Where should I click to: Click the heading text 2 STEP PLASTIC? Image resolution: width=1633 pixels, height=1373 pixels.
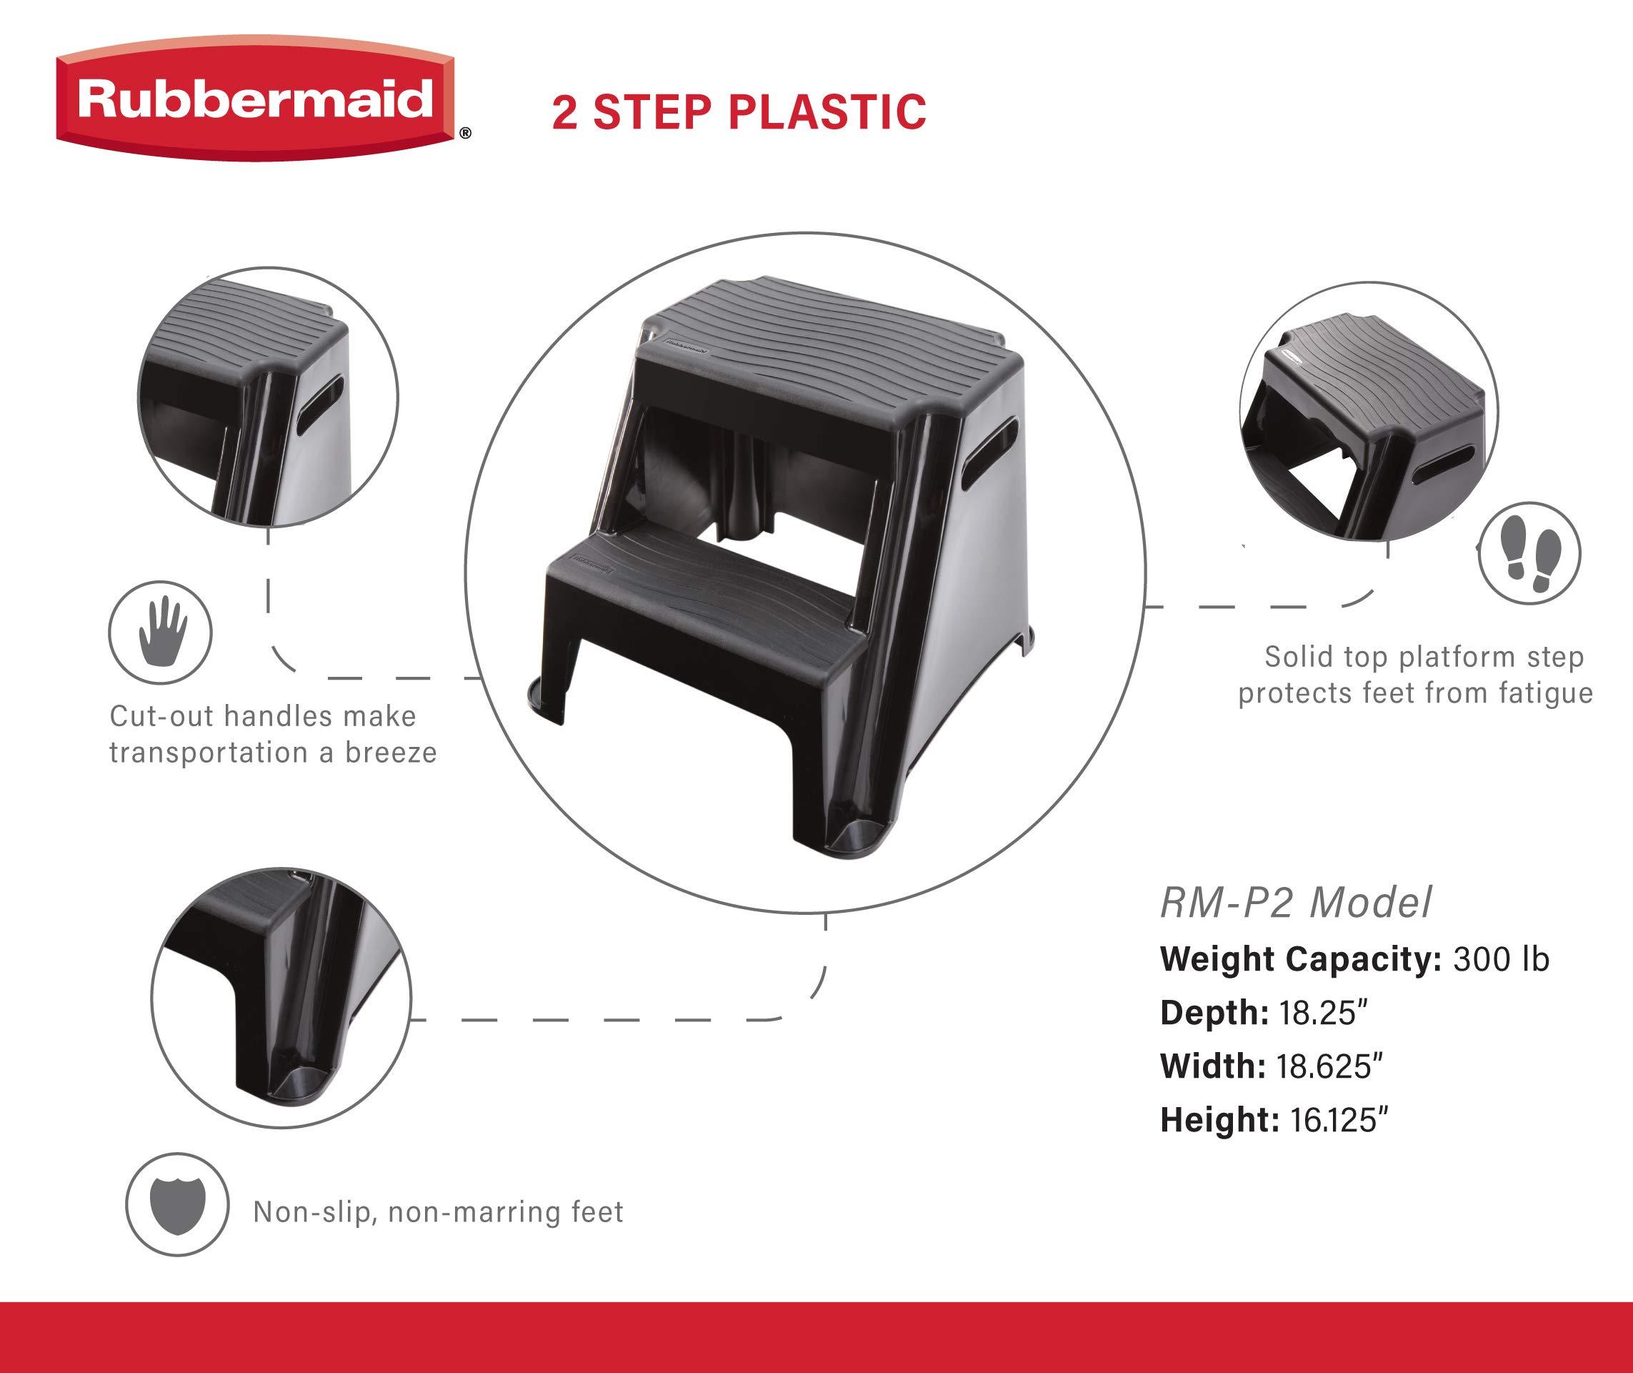tap(739, 112)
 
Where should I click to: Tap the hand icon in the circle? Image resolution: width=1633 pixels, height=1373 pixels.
tap(161, 630)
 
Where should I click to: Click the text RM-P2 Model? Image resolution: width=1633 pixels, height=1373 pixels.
tap(1295, 903)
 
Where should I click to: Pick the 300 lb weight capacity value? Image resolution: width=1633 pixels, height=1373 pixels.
tap(1501, 959)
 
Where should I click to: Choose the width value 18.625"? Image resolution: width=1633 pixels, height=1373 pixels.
tap(1329, 1066)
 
